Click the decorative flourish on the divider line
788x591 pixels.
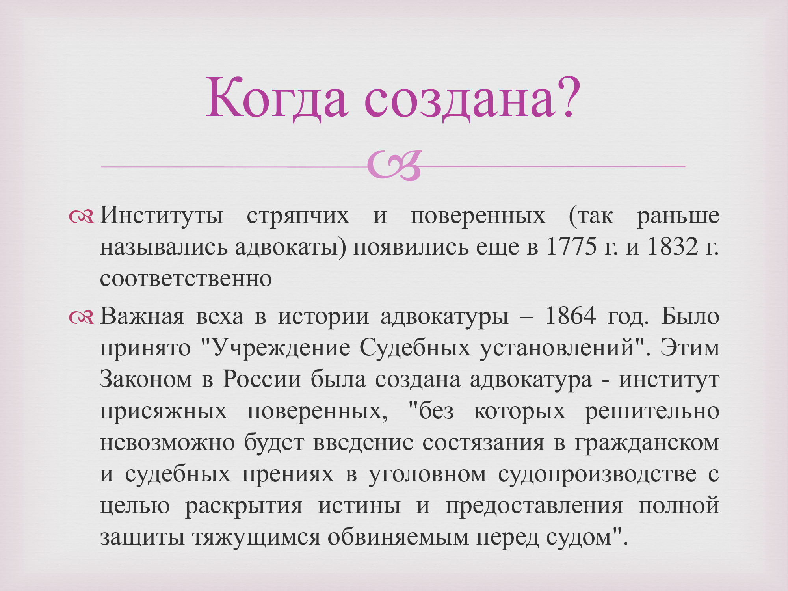pos(394,165)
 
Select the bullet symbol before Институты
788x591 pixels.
pos(81,216)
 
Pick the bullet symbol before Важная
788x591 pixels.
pos(81,317)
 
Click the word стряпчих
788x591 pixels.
pos(298,216)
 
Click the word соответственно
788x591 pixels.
pos(186,279)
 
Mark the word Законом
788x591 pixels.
pos(146,379)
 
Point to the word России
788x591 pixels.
pos(262,379)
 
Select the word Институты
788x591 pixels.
pos(162,216)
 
